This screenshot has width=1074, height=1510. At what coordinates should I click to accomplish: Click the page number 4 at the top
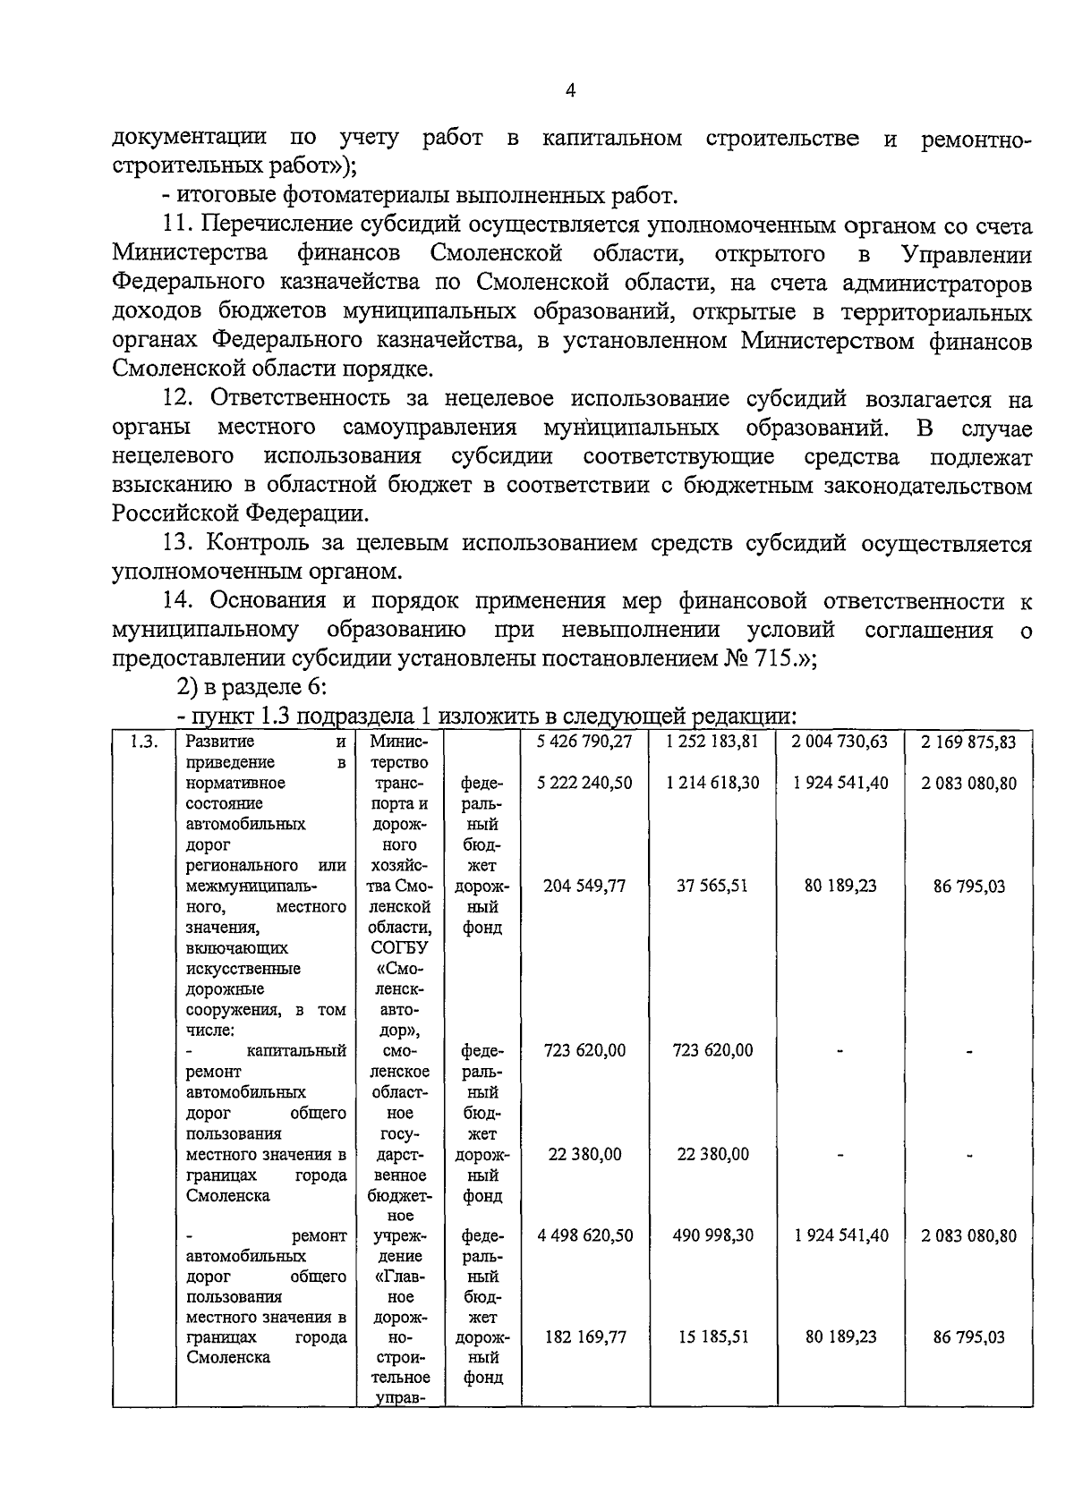point(571,89)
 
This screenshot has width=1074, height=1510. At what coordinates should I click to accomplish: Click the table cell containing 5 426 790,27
point(584,742)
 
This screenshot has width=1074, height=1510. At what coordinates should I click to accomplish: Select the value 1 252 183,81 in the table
point(712,742)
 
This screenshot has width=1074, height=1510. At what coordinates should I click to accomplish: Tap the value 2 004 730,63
point(840,742)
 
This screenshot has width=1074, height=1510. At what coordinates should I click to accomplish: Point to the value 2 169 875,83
point(969,742)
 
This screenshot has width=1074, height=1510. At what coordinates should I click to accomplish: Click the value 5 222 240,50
point(584,783)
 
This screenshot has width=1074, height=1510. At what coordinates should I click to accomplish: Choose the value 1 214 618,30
point(712,783)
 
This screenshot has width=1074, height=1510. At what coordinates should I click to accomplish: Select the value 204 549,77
point(584,886)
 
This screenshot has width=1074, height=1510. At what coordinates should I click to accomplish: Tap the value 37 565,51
point(712,886)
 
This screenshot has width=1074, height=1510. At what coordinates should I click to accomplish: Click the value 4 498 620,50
point(584,1235)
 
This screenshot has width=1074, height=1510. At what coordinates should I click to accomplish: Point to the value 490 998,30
point(712,1235)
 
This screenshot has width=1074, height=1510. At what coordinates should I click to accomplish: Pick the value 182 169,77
point(584,1337)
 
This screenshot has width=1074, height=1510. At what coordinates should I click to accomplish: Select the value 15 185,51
point(712,1337)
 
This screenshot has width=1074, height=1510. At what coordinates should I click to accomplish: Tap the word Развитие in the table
point(220,742)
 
